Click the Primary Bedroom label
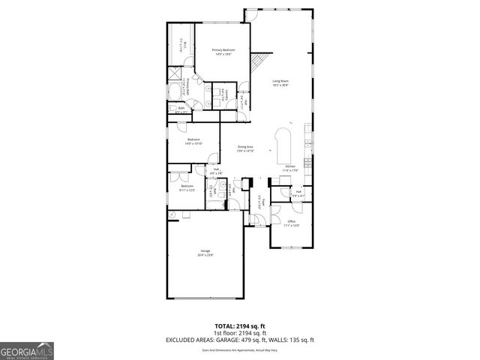coord(217,50)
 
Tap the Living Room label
coord(280,81)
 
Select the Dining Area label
coord(246,146)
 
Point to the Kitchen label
coord(289,166)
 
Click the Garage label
coord(205,250)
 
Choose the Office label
coord(292,221)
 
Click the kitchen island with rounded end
coord(285,144)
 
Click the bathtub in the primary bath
coord(180,44)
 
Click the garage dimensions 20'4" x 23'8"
coord(205,255)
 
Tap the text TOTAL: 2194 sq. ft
coord(239,326)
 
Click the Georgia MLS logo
coord(27,351)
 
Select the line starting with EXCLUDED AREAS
coord(239,340)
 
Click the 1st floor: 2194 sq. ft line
coord(239,333)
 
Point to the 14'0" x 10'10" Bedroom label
coord(193,142)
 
